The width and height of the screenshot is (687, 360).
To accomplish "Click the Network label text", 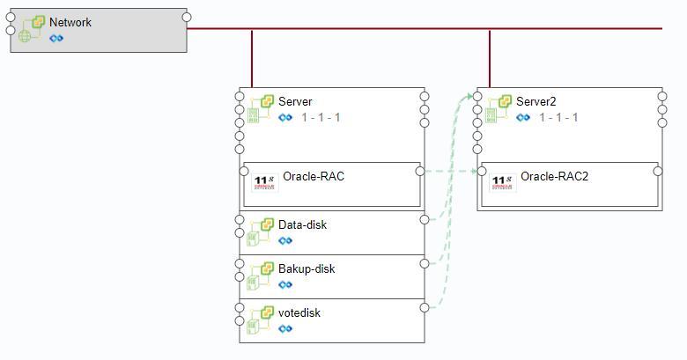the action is [70, 22].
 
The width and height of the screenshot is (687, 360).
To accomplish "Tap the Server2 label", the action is [536, 101].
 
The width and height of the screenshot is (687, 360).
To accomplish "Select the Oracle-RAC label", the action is [314, 177].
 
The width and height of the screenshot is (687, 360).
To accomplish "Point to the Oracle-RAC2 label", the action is [554, 177].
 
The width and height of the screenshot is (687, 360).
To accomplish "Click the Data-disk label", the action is [302, 225].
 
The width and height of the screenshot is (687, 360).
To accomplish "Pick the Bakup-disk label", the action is [307, 269].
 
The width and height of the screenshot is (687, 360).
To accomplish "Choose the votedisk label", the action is [299, 312].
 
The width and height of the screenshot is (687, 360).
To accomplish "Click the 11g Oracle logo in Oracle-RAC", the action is [264, 182].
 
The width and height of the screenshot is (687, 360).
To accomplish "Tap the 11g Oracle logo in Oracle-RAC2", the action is [503, 182].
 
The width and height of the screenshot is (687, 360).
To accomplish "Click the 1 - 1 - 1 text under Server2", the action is [558, 117].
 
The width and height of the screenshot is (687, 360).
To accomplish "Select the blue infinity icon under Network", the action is [56, 39].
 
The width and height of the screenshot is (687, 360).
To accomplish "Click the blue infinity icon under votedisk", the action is [285, 328].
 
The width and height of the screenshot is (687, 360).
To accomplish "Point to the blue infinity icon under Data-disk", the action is [285, 240].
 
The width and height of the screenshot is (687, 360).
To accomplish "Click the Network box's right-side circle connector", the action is [187, 17].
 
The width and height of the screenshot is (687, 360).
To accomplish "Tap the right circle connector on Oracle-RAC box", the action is [420, 171].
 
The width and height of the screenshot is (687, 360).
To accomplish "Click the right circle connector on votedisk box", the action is [425, 307].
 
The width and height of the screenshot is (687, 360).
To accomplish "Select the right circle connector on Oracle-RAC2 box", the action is [658, 171].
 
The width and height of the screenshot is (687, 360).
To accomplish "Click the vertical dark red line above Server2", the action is [490, 59].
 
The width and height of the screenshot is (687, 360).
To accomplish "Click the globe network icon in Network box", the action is [25, 36].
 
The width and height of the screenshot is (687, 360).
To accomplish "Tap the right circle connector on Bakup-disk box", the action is [425, 263].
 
